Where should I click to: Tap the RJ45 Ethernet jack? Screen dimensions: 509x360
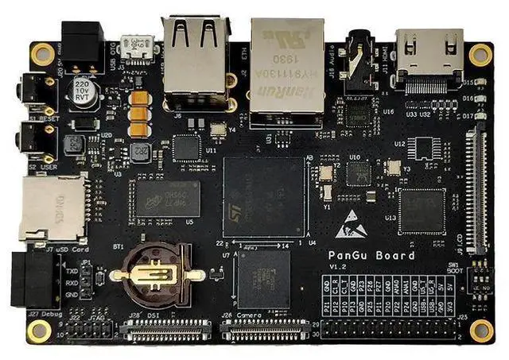coord(286,68)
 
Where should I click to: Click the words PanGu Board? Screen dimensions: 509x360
coord(371,256)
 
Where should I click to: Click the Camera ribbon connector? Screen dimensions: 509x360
coord(263,331)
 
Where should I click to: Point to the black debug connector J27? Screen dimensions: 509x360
coord(32,280)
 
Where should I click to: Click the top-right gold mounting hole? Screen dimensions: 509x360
coord(480,54)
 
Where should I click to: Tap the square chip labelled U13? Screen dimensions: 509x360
coord(422,211)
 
